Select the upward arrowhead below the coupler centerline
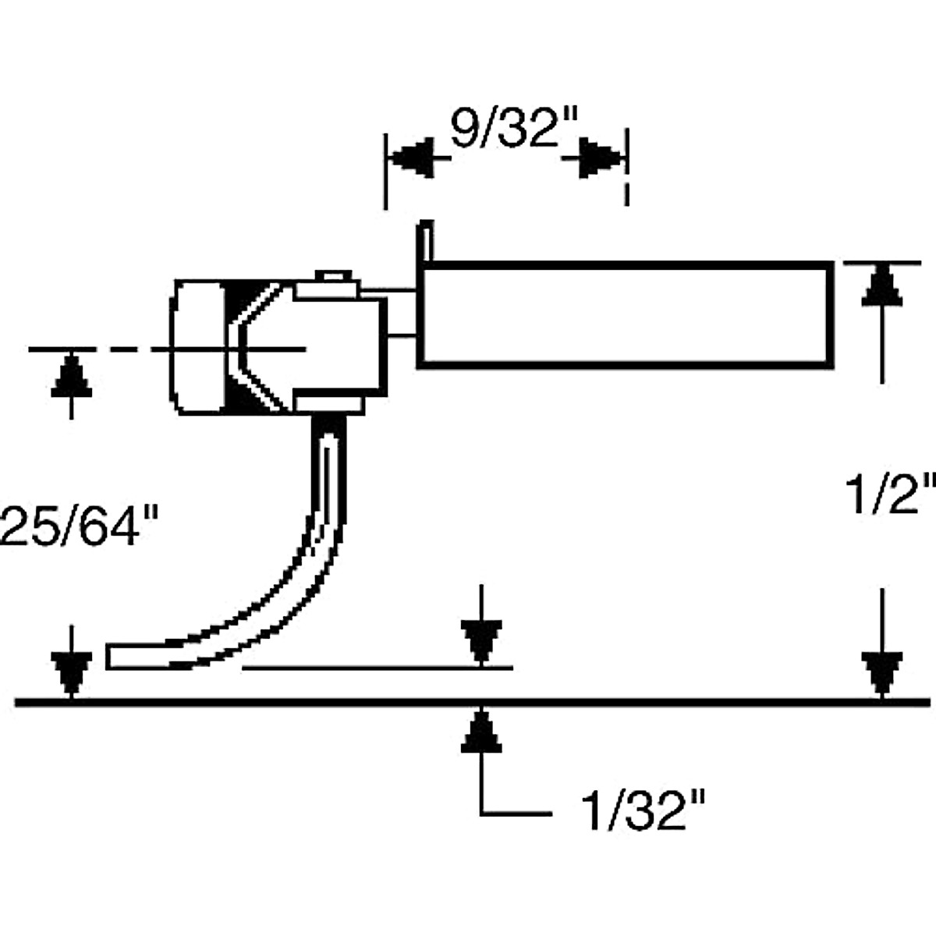(x=71, y=376)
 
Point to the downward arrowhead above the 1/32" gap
(x=481, y=641)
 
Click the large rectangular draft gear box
(x=624, y=314)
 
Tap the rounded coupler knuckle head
(x=199, y=347)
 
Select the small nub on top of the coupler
(x=333, y=277)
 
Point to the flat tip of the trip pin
(x=125, y=657)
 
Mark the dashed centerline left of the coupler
(x=117, y=349)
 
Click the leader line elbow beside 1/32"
(x=482, y=814)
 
